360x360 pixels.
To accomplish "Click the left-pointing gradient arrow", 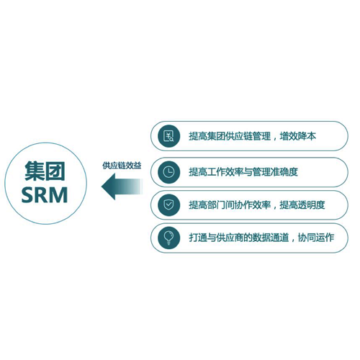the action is (x=122, y=186).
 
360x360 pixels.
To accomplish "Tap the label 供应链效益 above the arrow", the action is (x=122, y=166).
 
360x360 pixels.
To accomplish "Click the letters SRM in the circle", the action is (x=45, y=195).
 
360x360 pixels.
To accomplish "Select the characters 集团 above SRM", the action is (x=45, y=171).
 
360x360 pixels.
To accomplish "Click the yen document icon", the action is (x=169, y=136).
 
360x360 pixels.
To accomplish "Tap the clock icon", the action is (x=169, y=172).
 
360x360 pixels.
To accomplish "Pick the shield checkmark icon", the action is (x=169, y=205).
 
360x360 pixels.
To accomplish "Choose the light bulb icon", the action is (x=169, y=238).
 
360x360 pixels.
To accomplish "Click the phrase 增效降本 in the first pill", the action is (x=298, y=136).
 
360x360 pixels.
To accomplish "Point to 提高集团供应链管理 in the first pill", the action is (x=230, y=136).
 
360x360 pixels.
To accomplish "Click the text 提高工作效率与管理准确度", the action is (x=243, y=172).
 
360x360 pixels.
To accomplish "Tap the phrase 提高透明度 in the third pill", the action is (x=302, y=205).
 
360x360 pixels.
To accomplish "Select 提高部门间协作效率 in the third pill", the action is (x=230, y=205).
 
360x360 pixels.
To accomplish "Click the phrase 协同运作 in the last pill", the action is (x=316, y=238).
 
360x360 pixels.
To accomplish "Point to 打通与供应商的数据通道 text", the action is (x=239, y=238).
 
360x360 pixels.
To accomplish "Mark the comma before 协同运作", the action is (x=293, y=240).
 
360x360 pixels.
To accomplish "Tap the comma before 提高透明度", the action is (x=274, y=208).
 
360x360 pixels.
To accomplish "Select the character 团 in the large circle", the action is (x=55, y=171).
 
